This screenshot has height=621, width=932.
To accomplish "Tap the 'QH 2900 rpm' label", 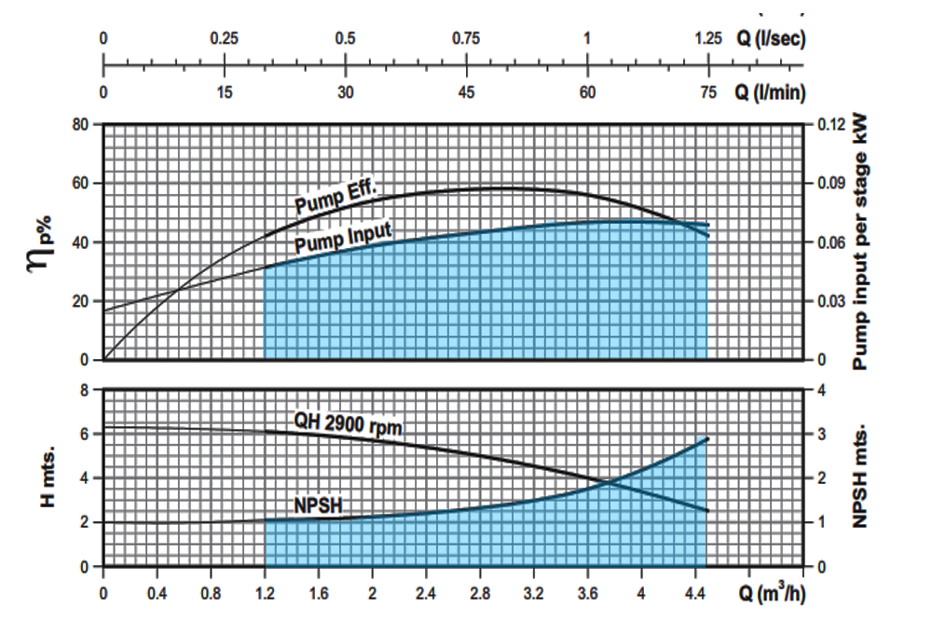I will (x=348, y=424).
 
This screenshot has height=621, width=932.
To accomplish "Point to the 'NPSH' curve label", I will (x=319, y=504).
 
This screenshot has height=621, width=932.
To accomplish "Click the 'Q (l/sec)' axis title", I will (x=769, y=39).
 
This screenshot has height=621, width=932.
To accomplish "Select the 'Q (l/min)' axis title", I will (x=769, y=91).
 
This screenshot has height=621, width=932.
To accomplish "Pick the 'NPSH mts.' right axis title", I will (x=863, y=478).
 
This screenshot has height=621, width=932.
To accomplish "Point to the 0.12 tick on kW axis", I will (x=831, y=124).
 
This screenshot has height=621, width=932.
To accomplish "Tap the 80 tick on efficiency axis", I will (x=81, y=124).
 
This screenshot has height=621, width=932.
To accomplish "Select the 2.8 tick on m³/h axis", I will (x=481, y=594).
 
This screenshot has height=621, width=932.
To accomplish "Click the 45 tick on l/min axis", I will (x=467, y=91).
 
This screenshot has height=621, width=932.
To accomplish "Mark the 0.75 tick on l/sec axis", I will (x=466, y=39).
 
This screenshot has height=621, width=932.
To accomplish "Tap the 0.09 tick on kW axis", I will (x=831, y=184).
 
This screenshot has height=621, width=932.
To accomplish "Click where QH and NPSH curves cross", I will (x=611, y=482).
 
